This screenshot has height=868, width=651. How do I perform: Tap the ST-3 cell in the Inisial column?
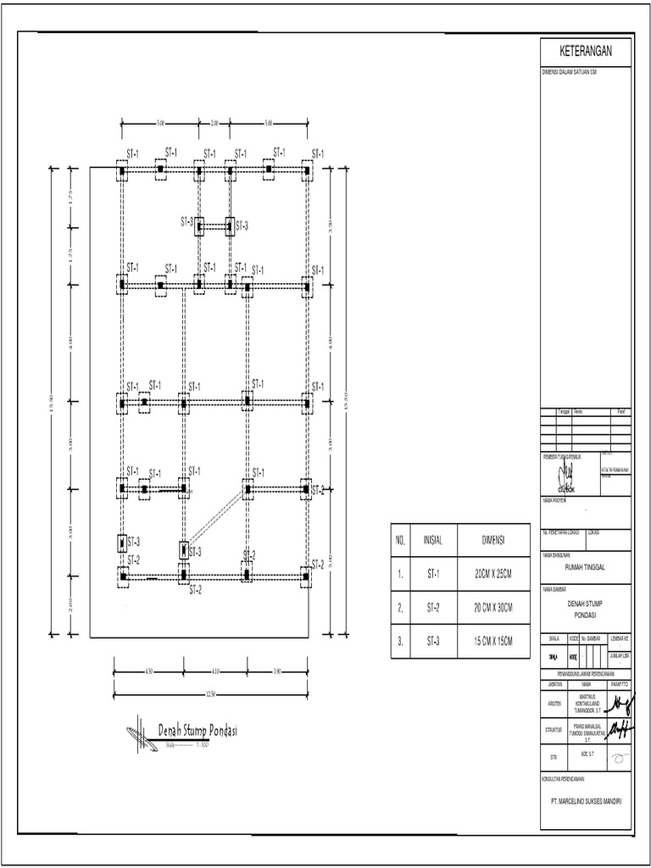click(x=433, y=643)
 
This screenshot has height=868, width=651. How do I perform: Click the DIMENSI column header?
click(x=492, y=540)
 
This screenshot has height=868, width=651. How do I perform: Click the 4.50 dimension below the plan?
click(x=148, y=672)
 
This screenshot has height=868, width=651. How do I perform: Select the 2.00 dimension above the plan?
click(x=214, y=124)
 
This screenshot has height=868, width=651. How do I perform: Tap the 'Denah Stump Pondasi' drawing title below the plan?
click(x=197, y=729)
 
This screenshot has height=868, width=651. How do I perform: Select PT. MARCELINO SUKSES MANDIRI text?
click(x=586, y=798)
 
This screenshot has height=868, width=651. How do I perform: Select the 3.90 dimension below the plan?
click(x=277, y=672)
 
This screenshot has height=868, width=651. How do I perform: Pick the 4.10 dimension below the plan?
click(x=214, y=672)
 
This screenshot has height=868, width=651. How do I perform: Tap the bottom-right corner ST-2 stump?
click(x=306, y=577)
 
